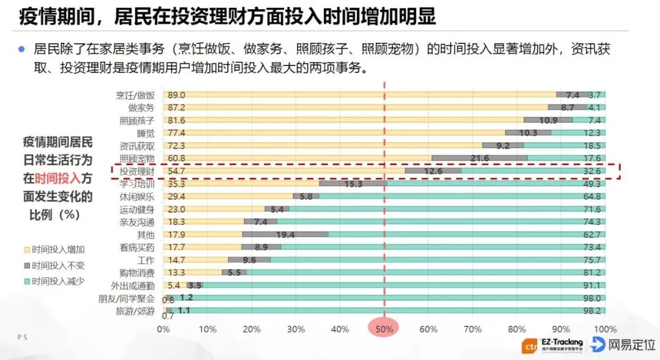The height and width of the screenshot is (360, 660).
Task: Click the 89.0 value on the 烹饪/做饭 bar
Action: click(177, 95)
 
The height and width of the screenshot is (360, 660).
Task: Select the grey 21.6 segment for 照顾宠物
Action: click(479, 158)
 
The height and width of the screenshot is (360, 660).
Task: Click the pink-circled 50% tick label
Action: click(384, 329)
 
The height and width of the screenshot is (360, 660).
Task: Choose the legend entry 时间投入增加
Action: click(59, 249)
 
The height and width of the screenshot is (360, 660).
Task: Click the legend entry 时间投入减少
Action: click(59, 281)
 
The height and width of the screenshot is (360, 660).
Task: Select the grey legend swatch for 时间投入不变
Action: click(27, 265)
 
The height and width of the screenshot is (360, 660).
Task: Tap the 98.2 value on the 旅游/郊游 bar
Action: click(593, 311)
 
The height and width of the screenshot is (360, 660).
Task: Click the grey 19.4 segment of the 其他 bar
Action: click(285, 235)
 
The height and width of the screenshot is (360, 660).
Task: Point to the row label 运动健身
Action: click(137, 210)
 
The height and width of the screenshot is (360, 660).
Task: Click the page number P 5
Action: click(22, 337)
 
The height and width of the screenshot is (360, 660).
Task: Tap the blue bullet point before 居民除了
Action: click(21, 49)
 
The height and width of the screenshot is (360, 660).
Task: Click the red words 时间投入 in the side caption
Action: click(57, 178)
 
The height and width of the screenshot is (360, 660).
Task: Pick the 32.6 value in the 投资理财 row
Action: click(593, 172)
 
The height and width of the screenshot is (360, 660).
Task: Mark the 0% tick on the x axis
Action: click(163, 329)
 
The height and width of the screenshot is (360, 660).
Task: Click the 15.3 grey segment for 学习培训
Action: click(353, 184)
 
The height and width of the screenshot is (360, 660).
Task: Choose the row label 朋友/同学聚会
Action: click(127, 299)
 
